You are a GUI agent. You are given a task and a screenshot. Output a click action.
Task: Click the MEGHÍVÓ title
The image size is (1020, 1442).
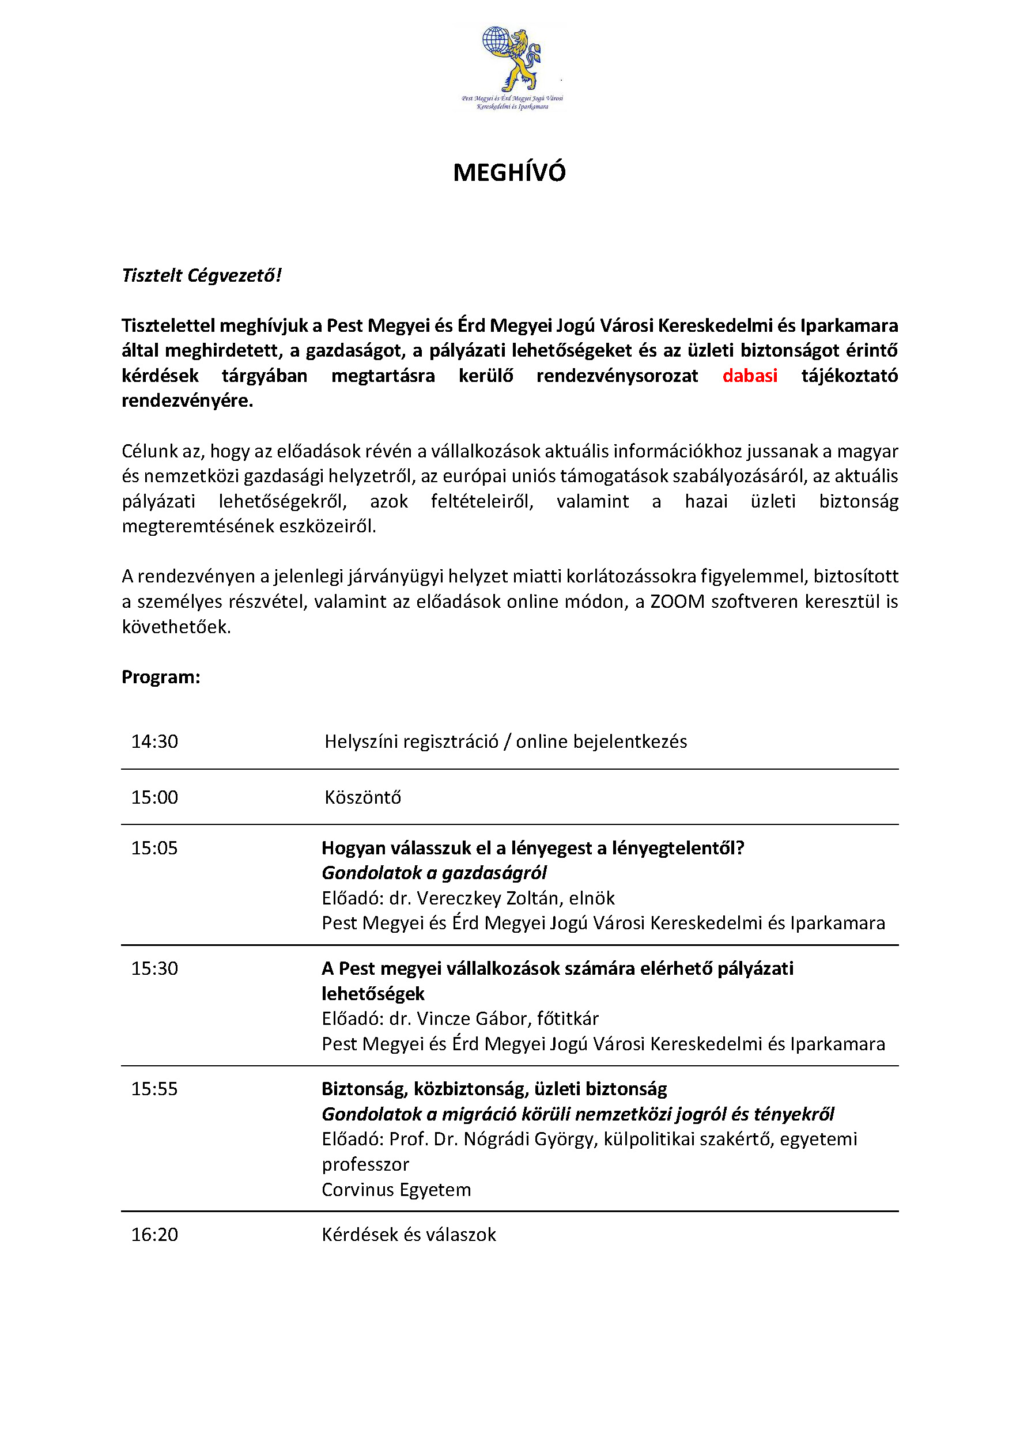coord(509,173)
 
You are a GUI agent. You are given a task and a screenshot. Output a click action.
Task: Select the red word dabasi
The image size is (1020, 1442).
coord(750,376)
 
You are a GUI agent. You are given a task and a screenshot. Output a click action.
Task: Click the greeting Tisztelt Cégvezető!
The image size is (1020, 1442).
coord(202,275)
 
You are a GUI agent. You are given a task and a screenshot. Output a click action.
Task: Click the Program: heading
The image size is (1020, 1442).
coord(161,677)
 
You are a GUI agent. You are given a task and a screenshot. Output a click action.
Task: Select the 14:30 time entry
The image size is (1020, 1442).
coord(154,741)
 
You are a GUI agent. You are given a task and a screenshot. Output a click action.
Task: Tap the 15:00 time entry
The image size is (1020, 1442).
coord(154,797)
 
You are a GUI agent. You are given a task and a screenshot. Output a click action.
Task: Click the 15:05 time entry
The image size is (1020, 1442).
coord(154,848)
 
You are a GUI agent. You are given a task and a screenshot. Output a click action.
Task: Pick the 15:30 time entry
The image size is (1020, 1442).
coord(154,968)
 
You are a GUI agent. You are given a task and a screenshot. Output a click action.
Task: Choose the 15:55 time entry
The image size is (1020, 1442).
coord(154,1089)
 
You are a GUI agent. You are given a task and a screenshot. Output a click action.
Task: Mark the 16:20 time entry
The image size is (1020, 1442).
coord(154,1235)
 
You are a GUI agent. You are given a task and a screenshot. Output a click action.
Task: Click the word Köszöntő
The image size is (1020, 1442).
coord(362,797)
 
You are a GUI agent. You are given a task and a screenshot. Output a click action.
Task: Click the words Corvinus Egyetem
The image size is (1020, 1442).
coord(396,1190)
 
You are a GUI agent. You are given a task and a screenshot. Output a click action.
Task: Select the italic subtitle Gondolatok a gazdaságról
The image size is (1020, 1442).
coord(434,873)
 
